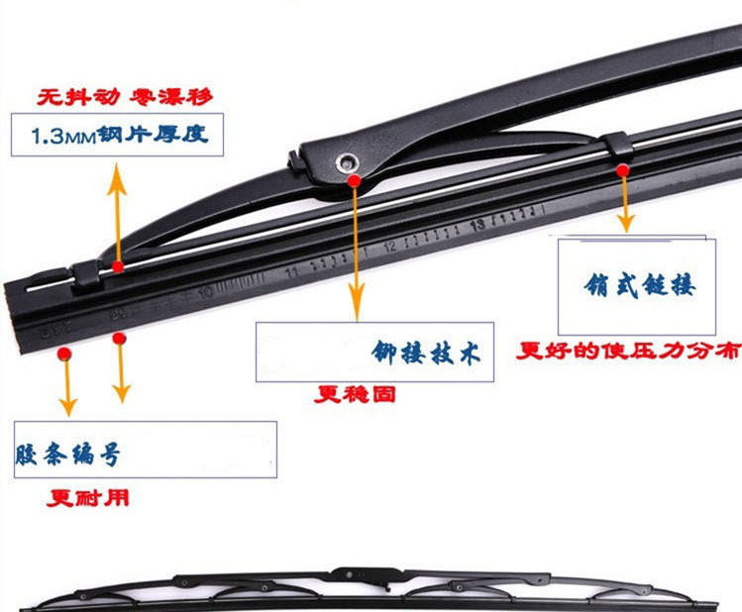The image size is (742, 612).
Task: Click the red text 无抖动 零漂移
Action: [x=125, y=98]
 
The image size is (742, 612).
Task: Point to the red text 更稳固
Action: [x=356, y=393]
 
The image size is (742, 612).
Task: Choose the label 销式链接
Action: [x=639, y=287]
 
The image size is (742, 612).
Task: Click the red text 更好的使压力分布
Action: [x=628, y=350]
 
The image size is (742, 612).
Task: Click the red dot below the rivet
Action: [x=354, y=181]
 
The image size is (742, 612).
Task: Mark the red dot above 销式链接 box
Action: [x=622, y=170]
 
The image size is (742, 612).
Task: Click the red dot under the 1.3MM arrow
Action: [x=118, y=266]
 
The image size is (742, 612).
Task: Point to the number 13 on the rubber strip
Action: [x=477, y=224]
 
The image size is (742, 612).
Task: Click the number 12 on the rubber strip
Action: [x=388, y=246]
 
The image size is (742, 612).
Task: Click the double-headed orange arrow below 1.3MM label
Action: [x=118, y=213]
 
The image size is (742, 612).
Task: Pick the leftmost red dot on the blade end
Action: [x=64, y=353]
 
